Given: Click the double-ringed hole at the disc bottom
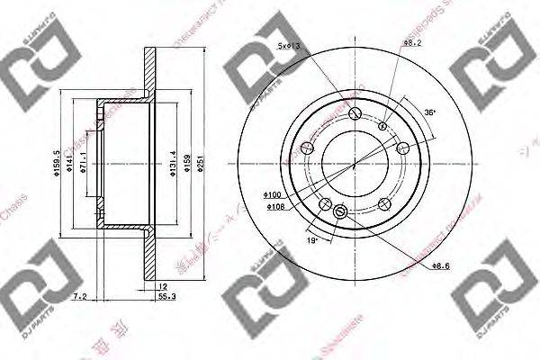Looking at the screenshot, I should (340, 212).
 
